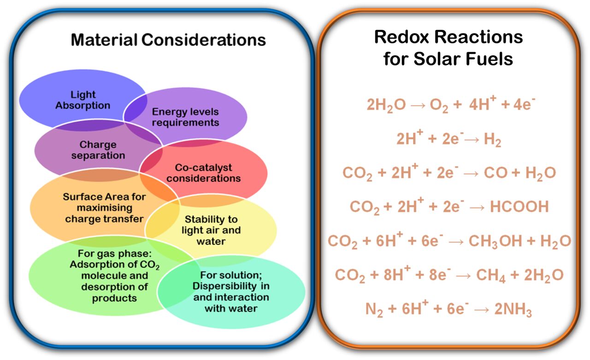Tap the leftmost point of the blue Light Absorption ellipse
click(19, 100)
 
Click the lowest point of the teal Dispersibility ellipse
click(232, 329)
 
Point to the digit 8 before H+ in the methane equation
click(388, 275)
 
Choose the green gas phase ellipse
click(114, 276)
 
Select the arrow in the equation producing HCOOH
click(477, 208)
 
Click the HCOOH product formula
click(519, 207)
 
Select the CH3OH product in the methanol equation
click(495, 242)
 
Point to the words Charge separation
click(98, 150)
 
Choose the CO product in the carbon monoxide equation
click(496, 173)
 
